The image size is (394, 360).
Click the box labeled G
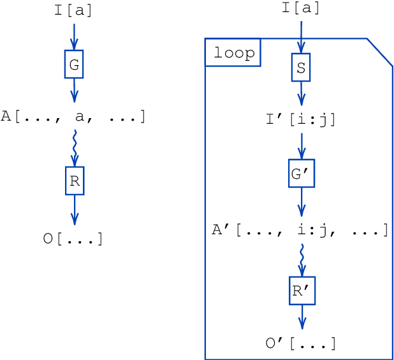74,65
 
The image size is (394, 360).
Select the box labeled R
75,181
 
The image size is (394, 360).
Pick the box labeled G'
302,174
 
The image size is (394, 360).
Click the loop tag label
233,53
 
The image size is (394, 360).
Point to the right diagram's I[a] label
301,8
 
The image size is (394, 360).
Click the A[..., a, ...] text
73,117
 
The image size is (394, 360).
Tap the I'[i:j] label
301,119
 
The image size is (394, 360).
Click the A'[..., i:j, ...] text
300,230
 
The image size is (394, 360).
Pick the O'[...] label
301,344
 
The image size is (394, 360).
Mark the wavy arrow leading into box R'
302,259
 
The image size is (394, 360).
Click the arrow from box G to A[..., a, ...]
74,90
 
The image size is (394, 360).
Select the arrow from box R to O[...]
75,209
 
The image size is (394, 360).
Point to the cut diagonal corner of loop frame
380,52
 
